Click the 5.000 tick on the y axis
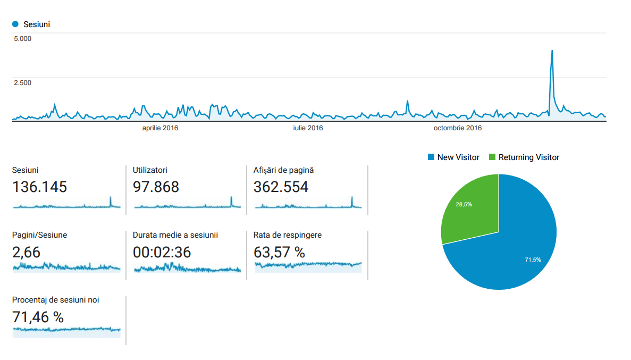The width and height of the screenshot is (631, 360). click(x=23, y=38)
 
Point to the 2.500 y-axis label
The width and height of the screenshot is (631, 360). click(x=23, y=82)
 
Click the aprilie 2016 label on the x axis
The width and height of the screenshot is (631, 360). click(x=160, y=128)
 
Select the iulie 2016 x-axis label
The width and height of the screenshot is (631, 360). click(x=308, y=128)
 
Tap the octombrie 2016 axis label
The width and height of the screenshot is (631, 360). click(x=458, y=128)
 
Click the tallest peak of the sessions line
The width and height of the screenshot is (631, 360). click(x=552, y=51)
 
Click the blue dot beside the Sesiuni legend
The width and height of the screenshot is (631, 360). click(x=15, y=24)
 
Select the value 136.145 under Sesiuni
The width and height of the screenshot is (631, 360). click(x=39, y=187)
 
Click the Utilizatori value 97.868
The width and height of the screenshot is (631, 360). click(x=156, y=187)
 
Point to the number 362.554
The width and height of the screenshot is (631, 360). click(x=281, y=187)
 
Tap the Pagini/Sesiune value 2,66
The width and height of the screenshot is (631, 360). click(x=26, y=252)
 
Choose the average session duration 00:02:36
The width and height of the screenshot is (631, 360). click(x=162, y=252)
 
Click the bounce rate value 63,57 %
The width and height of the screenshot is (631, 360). click(x=280, y=252)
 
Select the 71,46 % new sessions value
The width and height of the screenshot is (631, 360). click(x=38, y=317)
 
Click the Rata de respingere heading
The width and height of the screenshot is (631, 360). click(x=288, y=235)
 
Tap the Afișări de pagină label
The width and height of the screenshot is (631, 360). click(x=284, y=170)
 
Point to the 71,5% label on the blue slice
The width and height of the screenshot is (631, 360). click(x=533, y=259)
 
